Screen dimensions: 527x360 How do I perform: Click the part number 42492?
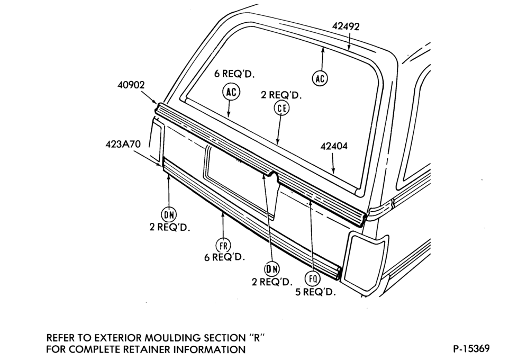pos(346,26)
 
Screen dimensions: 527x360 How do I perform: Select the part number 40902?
pos(131,85)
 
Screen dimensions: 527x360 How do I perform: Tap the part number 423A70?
pos(123,144)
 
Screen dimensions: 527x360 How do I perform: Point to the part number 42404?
pos(334,146)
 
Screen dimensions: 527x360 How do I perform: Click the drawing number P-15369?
pos(471,348)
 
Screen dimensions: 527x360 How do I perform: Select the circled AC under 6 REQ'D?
pos(232,92)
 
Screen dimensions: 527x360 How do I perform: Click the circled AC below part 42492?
pos(320,78)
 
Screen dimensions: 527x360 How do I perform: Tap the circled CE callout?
pos(281,108)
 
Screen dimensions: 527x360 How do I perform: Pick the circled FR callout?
pos(223,246)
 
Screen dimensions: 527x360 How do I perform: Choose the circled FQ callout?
pos(313,278)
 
